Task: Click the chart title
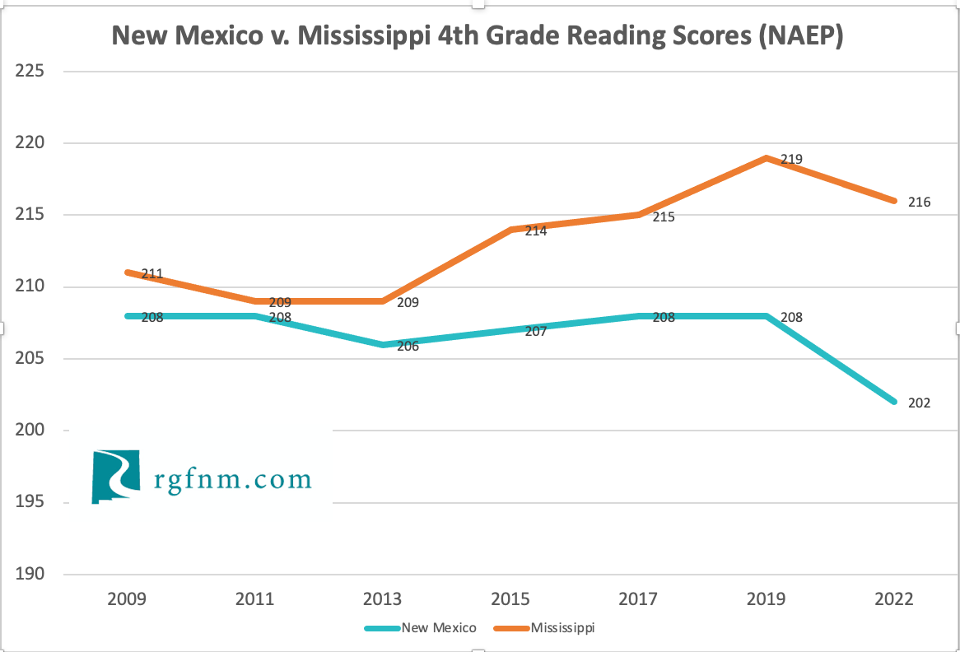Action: click(x=478, y=35)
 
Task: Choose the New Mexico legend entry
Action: click(x=438, y=628)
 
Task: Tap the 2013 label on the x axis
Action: click(x=383, y=598)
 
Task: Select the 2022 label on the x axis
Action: click(x=893, y=598)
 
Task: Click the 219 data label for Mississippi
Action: click(x=791, y=159)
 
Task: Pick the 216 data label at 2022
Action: click(x=919, y=202)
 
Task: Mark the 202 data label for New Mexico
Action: click(x=919, y=403)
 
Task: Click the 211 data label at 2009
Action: click(x=151, y=273)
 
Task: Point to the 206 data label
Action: click(x=408, y=347)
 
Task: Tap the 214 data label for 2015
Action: click(x=535, y=231)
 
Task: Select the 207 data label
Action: click(x=535, y=332)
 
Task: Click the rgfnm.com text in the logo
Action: click(x=233, y=479)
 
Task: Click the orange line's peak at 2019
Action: click(x=767, y=158)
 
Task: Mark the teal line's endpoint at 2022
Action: click(x=893, y=402)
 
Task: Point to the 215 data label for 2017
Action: click(x=663, y=217)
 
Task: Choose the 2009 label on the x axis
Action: click(x=128, y=598)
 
